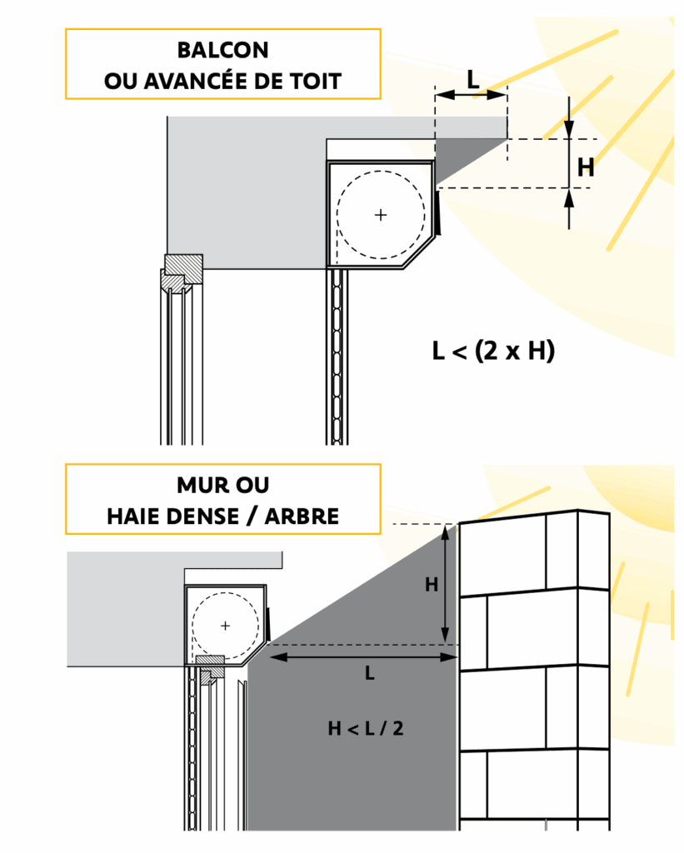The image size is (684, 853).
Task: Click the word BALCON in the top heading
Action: [223, 50]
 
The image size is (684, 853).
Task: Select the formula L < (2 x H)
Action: [493, 351]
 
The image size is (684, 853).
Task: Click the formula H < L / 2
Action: [366, 728]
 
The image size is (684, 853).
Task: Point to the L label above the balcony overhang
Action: [473, 80]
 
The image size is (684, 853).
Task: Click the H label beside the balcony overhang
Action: [586, 167]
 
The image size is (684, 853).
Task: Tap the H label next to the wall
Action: [432, 585]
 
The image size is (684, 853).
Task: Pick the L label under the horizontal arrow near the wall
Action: [370, 673]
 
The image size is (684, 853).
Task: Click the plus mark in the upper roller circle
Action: [381, 215]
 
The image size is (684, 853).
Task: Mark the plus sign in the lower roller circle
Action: [225, 626]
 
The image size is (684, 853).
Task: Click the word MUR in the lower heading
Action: [200, 486]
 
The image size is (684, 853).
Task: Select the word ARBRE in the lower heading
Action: [302, 516]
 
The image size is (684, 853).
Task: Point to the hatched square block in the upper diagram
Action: [184, 267]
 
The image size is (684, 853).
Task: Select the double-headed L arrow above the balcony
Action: [472, 95]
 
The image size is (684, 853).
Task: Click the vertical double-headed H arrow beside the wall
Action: [445, 585]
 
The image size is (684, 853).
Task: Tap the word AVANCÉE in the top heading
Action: [200, 81]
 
